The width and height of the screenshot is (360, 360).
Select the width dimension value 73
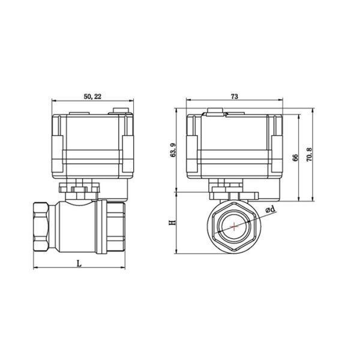(235, 96)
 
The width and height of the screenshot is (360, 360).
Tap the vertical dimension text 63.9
(173, 150)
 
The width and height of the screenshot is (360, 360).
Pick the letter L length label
(79, 262)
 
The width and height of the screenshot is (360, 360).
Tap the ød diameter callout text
(270, 209)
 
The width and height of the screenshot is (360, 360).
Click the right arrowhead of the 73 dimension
(280, 100)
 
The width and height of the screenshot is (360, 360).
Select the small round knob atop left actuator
(119, 109)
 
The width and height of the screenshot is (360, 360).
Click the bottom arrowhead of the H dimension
(177, 252)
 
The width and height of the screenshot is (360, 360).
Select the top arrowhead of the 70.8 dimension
(313, 110)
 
